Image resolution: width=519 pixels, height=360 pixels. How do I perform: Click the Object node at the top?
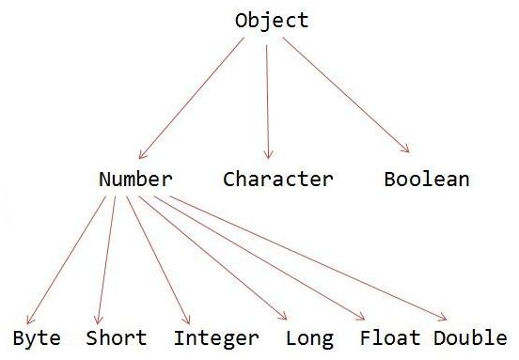(x=271, y=20)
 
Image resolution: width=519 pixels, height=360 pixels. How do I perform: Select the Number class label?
(x=135, y=179)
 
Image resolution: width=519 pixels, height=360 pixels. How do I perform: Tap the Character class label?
(x=277, y=179)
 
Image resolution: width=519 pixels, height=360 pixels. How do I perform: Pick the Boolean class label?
(x=426, y=179)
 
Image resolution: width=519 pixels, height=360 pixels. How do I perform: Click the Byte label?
(x=37, y=337)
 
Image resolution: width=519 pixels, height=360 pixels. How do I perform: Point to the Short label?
(x=117, y=337)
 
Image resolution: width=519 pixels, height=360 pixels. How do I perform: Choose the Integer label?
(x=216, y=337)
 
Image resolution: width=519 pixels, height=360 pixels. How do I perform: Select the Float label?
(x=391, y=337)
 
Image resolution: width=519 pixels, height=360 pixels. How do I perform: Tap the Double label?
(x=470, y=337)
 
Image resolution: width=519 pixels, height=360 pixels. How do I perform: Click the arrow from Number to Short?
(x=106, y=258)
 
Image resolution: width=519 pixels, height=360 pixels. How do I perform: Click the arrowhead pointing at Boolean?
(x=405, y=148)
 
